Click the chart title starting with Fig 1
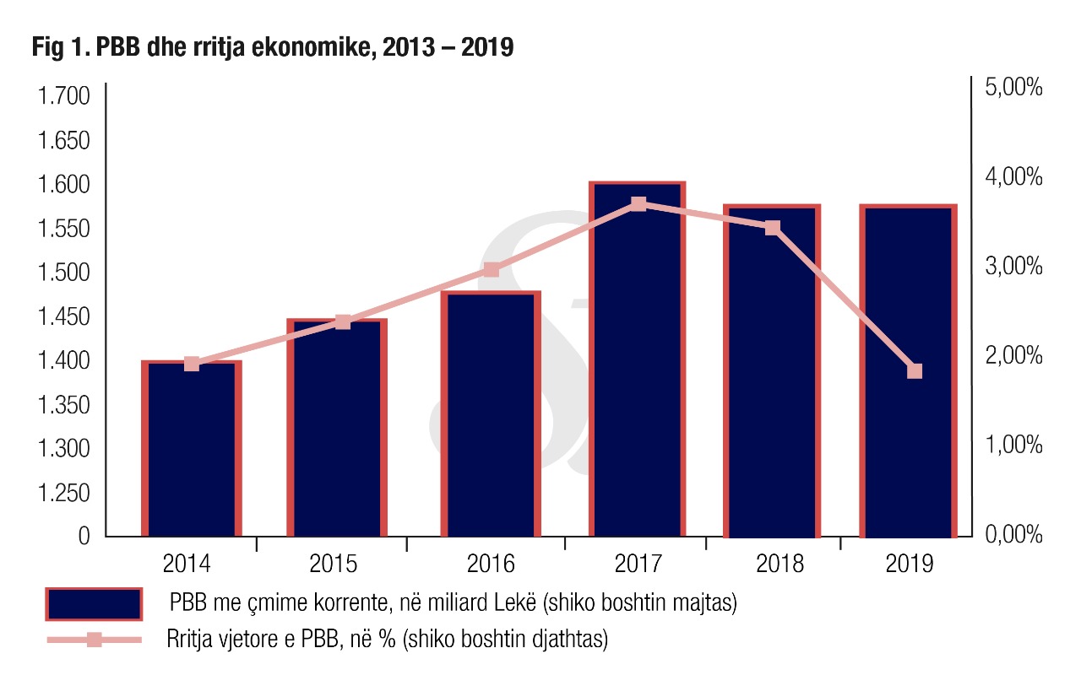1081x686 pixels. coord(273,49)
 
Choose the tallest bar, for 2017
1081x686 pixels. coord(637,363)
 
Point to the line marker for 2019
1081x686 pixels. coord(915,371)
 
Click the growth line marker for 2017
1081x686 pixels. coord(638,204)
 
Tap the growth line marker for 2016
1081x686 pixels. coord(492,270)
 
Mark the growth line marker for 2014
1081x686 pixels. coord(192,364)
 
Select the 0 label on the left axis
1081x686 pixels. coord(84,536)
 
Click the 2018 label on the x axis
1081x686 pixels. coord(780,564)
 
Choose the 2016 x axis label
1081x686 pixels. coord(490,564)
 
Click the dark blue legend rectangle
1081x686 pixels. coord(94,603)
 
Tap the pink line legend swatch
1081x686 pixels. coord(94,640)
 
